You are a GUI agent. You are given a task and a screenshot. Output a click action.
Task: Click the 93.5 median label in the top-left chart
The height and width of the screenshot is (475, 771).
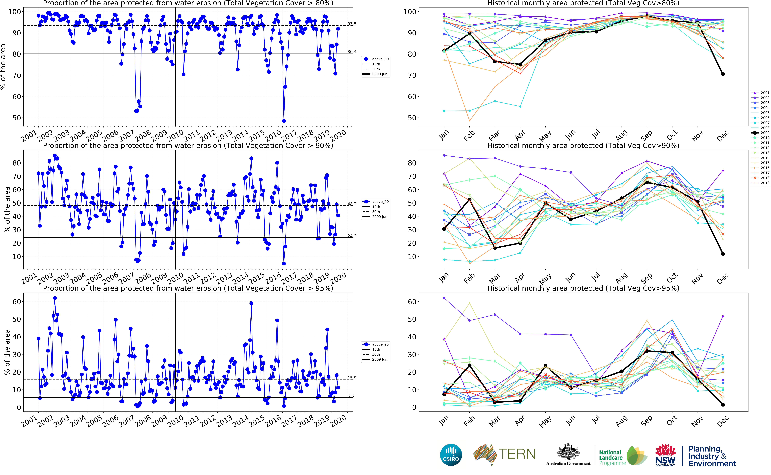[352, 24]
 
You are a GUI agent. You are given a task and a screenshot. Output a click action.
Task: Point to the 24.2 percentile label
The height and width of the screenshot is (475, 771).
[352, 236]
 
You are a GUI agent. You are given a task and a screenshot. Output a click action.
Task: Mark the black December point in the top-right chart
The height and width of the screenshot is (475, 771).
[723, 74]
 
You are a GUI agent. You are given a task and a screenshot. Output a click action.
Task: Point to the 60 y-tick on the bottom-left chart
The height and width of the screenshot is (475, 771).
[16, 302]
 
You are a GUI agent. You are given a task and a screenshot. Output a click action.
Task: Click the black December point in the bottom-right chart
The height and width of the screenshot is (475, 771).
[723, 405]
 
